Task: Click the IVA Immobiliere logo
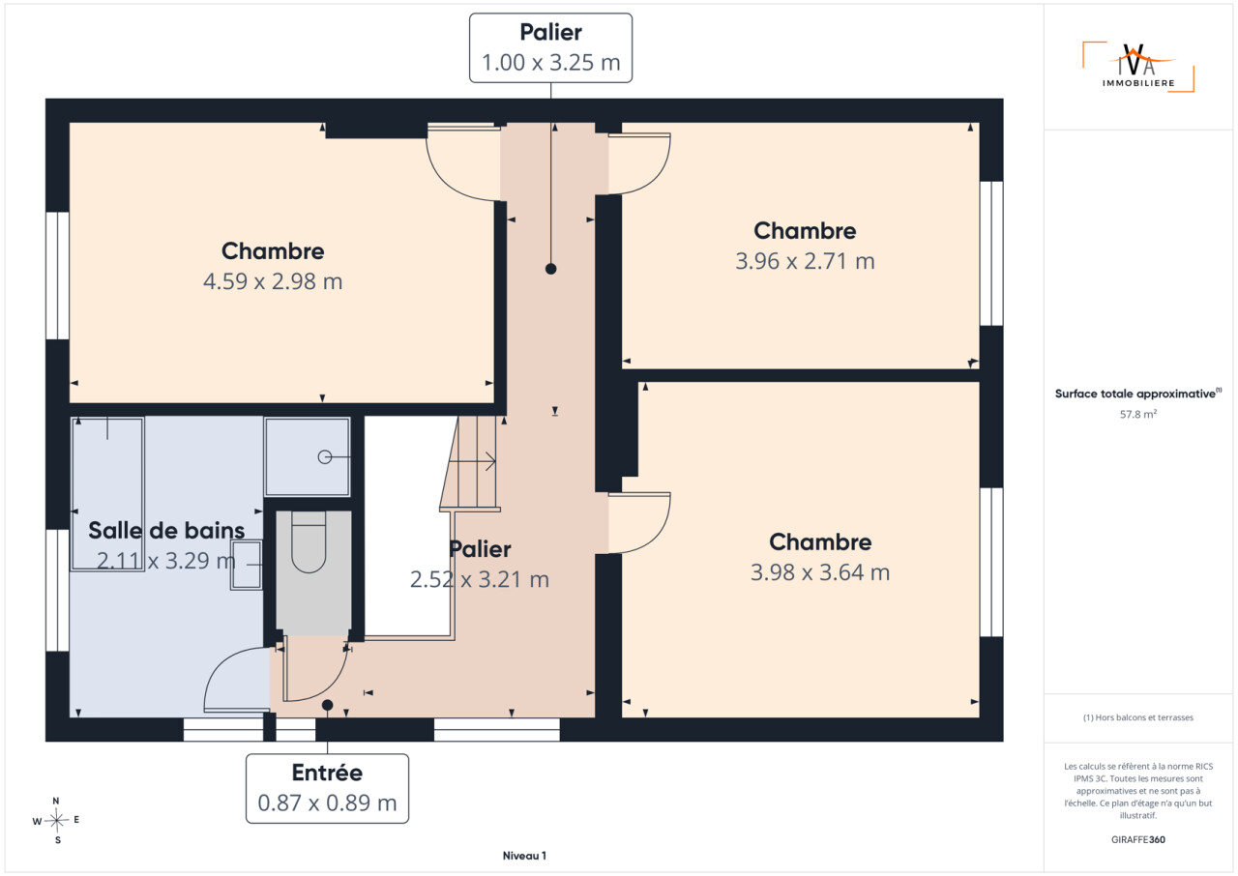click(1138, 67)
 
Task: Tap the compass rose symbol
click(56, 820)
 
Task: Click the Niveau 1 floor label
click(524, 856)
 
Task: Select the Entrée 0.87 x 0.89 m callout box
click(327, 788)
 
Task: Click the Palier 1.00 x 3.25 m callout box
click(550, 48)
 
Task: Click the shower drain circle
click(324, 456)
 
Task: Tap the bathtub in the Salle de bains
click(107, 494)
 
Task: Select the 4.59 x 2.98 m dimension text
click(273, 281)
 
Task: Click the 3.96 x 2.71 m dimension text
click(805, 261)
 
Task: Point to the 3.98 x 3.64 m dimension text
click(820, 572)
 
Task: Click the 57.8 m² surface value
click(1138, 414)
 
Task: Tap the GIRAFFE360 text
click(1138, 839)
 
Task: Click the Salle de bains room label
click(166, 530)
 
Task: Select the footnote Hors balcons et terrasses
click(1138, 717)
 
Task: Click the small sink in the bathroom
click(247, 565)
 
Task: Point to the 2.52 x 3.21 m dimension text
click(479, 579)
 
